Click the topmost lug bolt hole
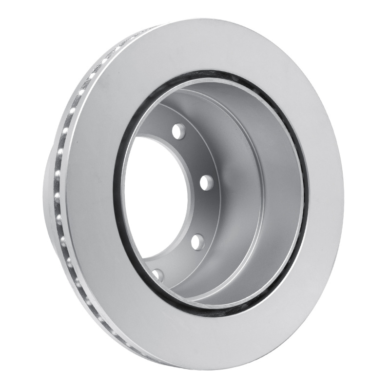coord(179,131)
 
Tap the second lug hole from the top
coord(207,182)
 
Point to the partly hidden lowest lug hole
coord(158,274)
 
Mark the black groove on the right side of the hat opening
coord(306,195)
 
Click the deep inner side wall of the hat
coord(263,195)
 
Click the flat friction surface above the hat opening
coord(214,46)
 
